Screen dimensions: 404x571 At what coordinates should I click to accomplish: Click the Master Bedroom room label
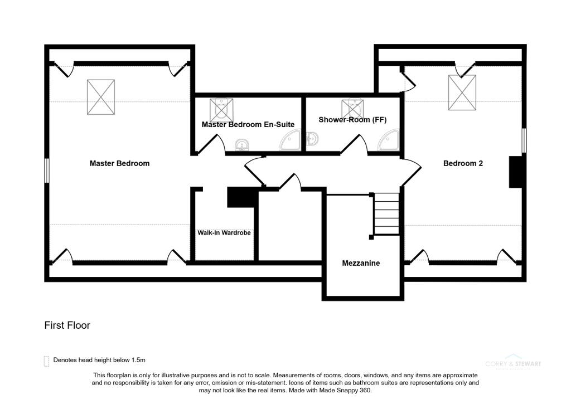pos(119,163)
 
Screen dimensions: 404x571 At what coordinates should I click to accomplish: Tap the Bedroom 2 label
pos(462,163)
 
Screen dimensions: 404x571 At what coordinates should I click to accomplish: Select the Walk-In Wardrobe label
pos(224,232)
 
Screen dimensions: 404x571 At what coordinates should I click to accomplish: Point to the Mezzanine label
pos(361,262)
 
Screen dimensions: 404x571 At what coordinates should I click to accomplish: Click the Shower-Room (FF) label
pos(352,120)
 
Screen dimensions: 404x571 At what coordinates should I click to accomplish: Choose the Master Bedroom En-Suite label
pos(248,124)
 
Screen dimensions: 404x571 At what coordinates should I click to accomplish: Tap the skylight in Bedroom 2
pos(462,93)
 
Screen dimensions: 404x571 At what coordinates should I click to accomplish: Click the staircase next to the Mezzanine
pos(386,214)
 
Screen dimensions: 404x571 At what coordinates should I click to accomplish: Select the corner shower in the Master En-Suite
pos(291,142)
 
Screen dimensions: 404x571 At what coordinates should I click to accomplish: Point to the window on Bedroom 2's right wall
pos(524,140)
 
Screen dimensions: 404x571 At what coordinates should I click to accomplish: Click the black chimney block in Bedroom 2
pos(515,172)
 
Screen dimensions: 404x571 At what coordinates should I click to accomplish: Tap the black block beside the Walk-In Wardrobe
pos(241,197)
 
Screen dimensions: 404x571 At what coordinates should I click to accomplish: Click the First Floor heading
pos(67,325)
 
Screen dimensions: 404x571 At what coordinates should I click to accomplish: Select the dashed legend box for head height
pos(46,361)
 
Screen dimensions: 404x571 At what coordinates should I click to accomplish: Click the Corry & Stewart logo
pos(512,363)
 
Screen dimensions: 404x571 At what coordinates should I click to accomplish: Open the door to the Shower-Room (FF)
pos(354,146)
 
